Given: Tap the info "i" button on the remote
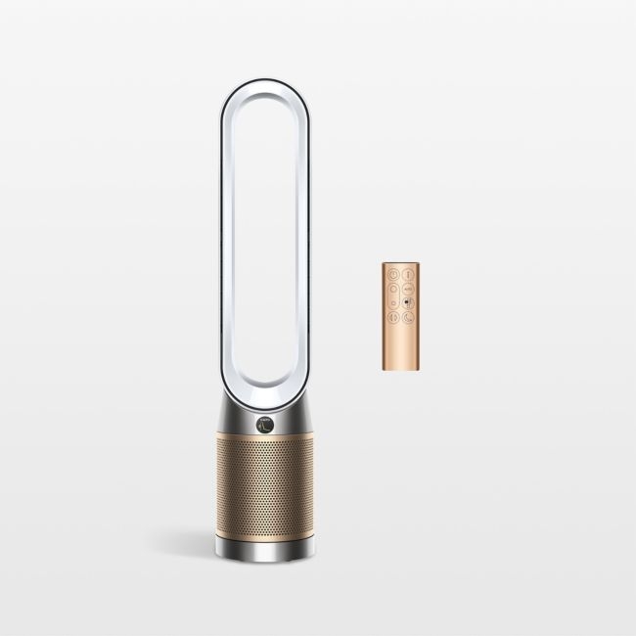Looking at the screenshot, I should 407,274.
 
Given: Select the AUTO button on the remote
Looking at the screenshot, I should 407,289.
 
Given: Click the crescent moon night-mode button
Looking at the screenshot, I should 407,317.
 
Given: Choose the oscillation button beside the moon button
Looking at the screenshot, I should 392,317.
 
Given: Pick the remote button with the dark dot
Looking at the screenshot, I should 407,302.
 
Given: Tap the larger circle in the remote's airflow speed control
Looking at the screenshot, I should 392,289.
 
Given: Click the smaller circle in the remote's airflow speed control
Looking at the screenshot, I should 393,302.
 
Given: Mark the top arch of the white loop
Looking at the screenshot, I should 264,93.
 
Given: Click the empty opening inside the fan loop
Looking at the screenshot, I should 264,245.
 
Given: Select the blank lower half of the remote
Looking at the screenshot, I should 400,347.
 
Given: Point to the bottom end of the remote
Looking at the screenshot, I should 400,369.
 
